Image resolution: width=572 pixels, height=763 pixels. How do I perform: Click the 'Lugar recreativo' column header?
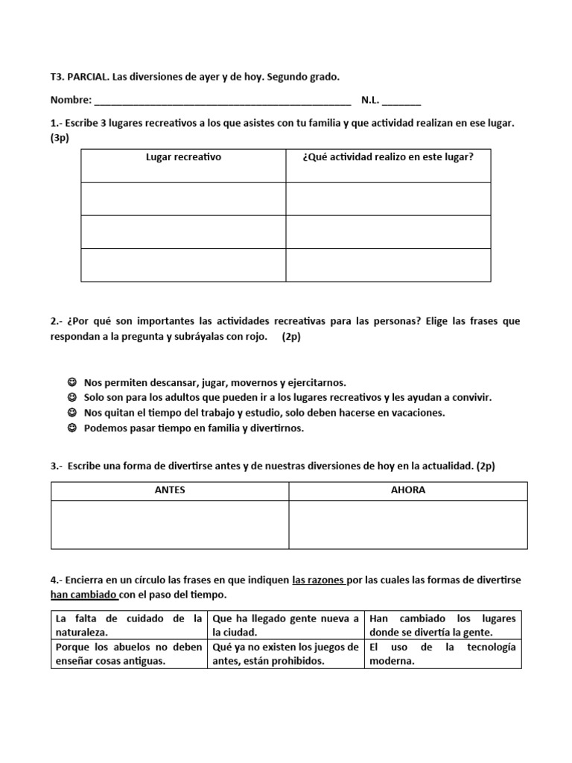coord(183,157)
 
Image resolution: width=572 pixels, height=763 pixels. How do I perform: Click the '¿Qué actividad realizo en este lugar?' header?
coord(388,157)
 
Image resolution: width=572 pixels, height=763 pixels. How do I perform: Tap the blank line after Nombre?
coord(223,101)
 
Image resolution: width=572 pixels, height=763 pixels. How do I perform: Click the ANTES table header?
coord(170,490)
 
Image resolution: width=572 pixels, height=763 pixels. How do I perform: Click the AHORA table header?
coord(408,490)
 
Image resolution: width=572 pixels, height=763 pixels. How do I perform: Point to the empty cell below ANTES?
coord(170,525)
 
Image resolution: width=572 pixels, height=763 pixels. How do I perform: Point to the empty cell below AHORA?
coord(408,525)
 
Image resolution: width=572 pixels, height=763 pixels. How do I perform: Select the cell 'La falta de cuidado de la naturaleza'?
coord(128,625)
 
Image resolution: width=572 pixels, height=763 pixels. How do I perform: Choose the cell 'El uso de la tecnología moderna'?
coord(442,653)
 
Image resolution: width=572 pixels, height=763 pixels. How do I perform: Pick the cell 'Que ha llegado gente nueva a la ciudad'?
coord(285,625)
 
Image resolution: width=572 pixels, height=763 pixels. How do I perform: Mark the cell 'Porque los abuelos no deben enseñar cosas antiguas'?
coord(128,653)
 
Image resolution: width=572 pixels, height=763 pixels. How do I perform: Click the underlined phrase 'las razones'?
coord(319,580)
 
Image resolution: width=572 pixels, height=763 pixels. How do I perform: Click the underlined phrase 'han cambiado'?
coord(83,595)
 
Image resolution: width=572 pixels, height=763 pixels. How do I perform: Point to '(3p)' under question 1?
coord(60,138)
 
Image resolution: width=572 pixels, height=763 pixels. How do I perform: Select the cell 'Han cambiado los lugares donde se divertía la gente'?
coord(442,625)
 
